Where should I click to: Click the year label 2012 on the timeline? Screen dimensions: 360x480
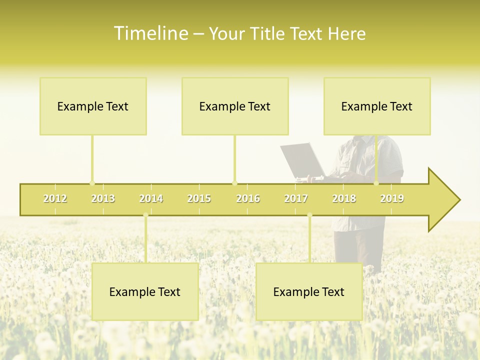[x=55, y=198]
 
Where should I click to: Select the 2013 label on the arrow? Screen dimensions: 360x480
[x=103, y=198]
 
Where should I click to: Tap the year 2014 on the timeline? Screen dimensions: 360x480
[x=151, y=198]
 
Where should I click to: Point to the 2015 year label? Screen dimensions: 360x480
[x=199, y=198]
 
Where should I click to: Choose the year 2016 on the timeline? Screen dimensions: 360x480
[x=248, y=198]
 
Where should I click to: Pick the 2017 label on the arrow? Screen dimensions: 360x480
[x=296, y=198]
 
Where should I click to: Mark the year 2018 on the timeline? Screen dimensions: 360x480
[x=344, y=198]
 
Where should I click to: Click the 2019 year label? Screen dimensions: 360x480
[x=392, y=198]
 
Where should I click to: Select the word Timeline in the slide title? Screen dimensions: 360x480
[x=150, y=33]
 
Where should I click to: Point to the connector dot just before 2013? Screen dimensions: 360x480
[x=92, y=183]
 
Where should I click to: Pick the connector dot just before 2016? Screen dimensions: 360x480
[x=234, y=183]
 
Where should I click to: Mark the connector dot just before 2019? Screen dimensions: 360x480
[x=376, y=183]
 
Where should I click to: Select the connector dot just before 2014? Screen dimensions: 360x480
[x=145, y=215]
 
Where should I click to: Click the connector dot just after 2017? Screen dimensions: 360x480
[x=309, y=215]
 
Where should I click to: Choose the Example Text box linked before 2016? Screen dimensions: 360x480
[x=235, y=106]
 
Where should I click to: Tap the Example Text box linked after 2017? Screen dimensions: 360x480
[x=309, y=291]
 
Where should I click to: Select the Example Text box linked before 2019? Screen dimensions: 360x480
[x=377, y=106]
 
